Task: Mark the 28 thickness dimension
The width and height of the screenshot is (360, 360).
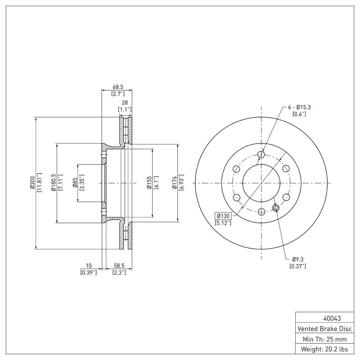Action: (125, 103)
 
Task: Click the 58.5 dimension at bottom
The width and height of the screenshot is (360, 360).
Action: (119, 266)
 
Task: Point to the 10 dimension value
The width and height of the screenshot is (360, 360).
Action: (88, 266)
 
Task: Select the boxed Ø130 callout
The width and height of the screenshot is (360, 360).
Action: (223, 216)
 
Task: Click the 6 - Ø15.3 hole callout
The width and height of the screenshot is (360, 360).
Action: (299, 107)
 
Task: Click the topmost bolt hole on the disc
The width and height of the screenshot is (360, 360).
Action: (261, 155)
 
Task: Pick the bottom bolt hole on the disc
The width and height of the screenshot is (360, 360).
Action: (261, 211)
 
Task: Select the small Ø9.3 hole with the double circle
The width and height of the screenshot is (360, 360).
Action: (276, 208)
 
